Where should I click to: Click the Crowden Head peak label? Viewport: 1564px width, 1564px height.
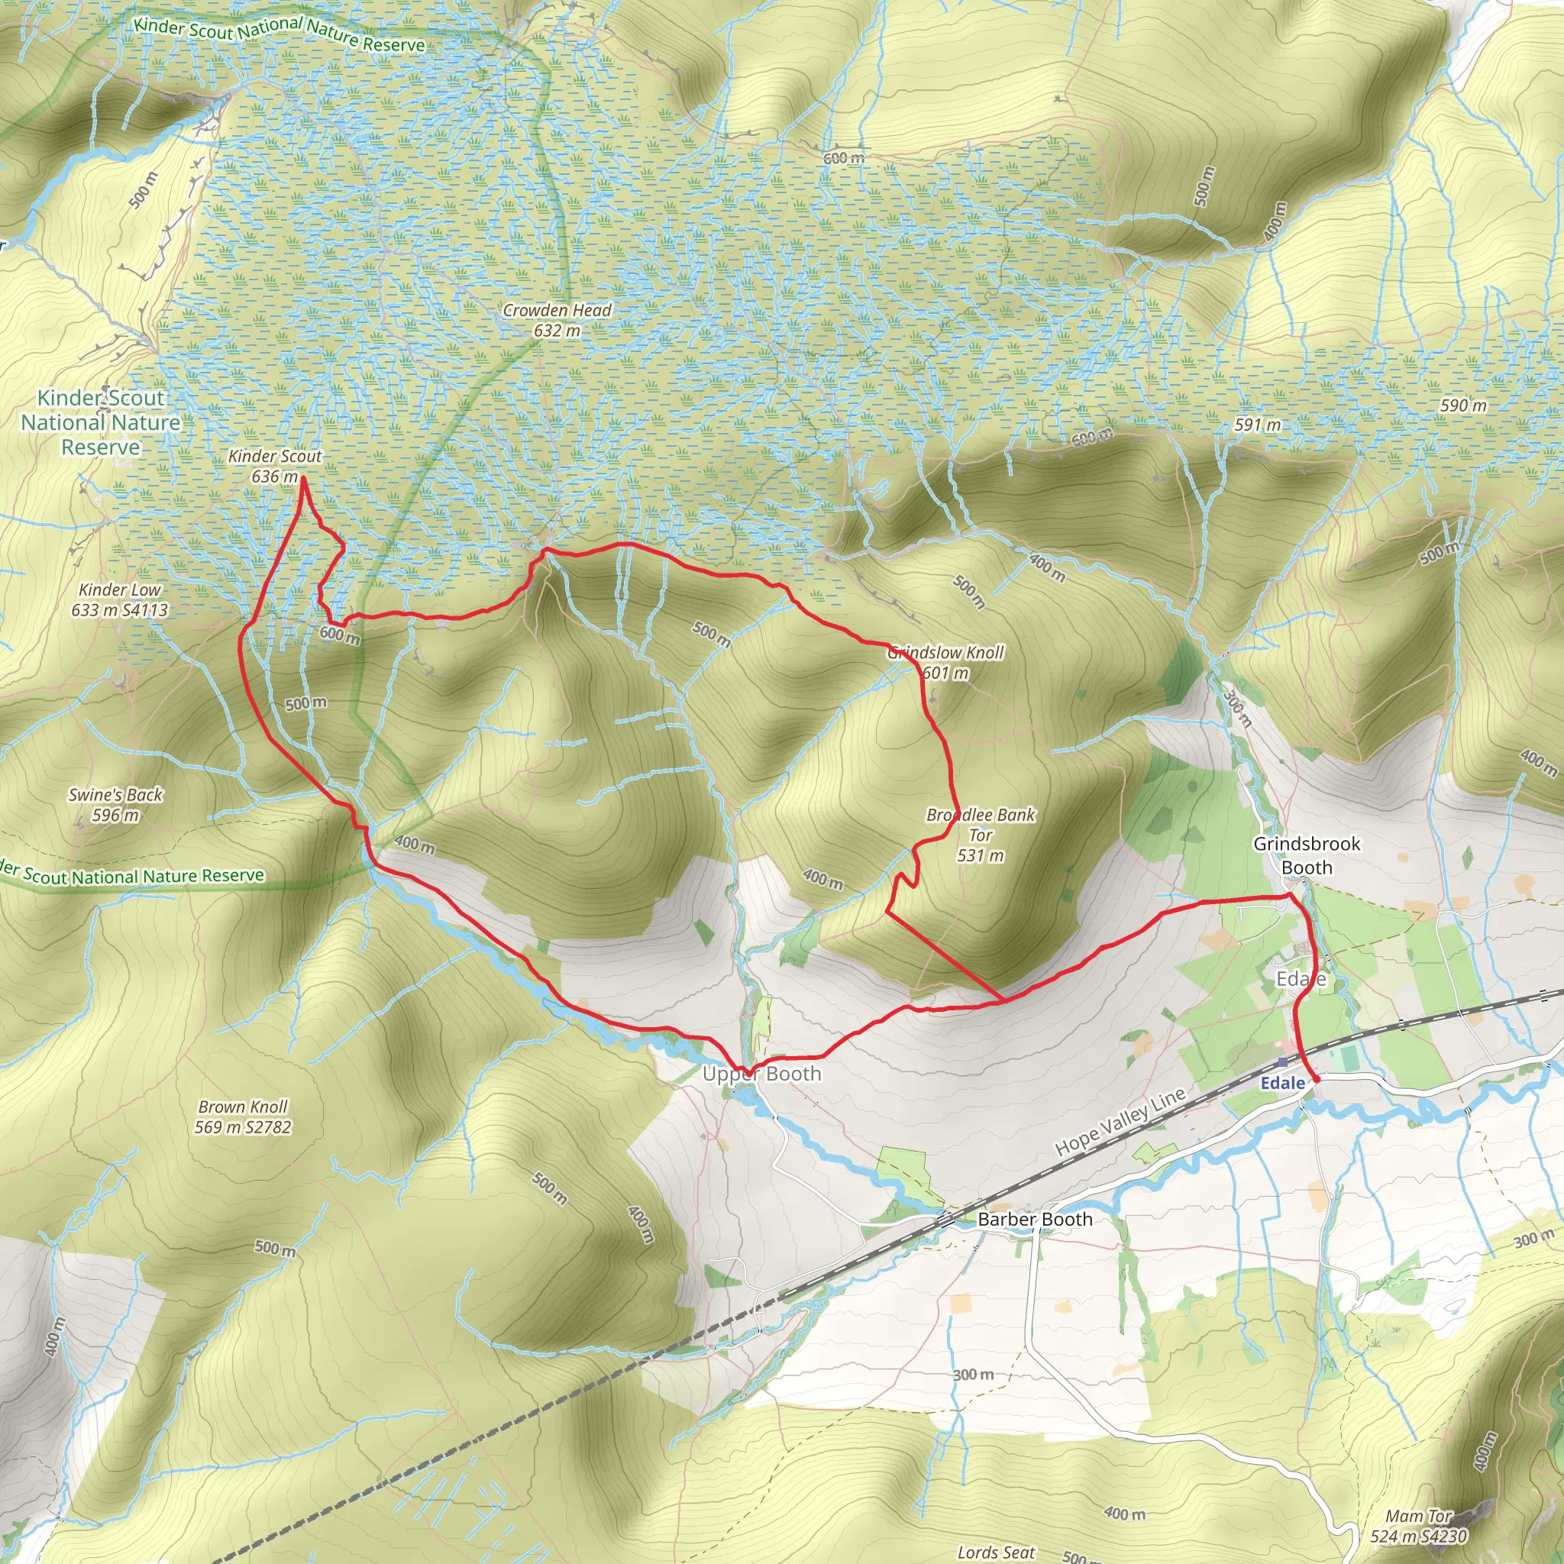pos(557,310)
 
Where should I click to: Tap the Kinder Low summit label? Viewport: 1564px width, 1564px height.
pos(120,590)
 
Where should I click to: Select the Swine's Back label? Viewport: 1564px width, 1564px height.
pos(116,795)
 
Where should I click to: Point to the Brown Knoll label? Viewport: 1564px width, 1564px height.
pos(243,1107)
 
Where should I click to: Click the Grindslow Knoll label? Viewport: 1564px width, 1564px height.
pos(945,652)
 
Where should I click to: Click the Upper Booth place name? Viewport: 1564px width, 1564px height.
pos(761,1074)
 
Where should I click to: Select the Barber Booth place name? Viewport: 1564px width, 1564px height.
pos(1035,1219)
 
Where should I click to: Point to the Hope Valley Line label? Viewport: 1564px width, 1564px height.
pos(1120,1121)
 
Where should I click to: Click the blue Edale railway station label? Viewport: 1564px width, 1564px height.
pos(1282,1083)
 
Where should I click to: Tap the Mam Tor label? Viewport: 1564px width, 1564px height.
pos(1418,1516)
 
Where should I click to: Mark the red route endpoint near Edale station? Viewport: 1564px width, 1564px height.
pos(1317,1079)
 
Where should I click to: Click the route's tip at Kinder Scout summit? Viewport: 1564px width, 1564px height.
pos(302,478)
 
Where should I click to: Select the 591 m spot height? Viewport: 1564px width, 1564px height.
pos(1257,425)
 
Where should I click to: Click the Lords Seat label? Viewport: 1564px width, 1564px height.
pos(996,1552)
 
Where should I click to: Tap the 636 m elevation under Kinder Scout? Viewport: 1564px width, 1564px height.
pos(274,477)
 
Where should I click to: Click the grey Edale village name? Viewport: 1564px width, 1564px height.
pos(1301,980)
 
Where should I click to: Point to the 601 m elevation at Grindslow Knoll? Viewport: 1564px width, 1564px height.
pos(945,673)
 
